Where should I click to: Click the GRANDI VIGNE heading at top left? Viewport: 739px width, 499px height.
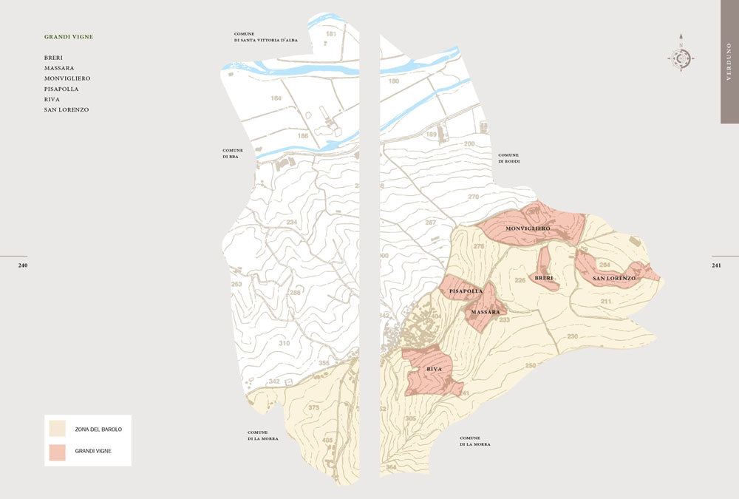tap(69, 36)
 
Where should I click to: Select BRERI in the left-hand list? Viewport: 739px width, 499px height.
tap(53, 58)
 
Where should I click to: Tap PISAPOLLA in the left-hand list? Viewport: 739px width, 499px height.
tap(61, 89)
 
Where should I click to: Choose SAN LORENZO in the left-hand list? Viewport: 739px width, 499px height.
tap(67, 109)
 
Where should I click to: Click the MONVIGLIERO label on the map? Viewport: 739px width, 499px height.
tap(528, 229)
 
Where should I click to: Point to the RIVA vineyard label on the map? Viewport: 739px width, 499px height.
tap(435, 369)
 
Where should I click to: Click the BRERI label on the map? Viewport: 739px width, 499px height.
tap(544, 278)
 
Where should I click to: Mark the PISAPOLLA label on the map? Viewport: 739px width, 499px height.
tap(466, 291)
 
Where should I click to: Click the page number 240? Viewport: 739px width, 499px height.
tap(23, 265)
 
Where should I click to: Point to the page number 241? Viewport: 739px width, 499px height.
tap(716, 265)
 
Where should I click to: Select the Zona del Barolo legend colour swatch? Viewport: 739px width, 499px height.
tap(57, 429)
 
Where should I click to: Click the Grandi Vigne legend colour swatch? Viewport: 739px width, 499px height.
tap(57, 453)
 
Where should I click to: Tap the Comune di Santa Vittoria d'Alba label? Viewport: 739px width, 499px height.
tap(265, 37)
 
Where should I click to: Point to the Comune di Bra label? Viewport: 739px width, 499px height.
tap(231, 153)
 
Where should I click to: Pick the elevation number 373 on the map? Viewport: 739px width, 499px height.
tap(313, 407)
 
